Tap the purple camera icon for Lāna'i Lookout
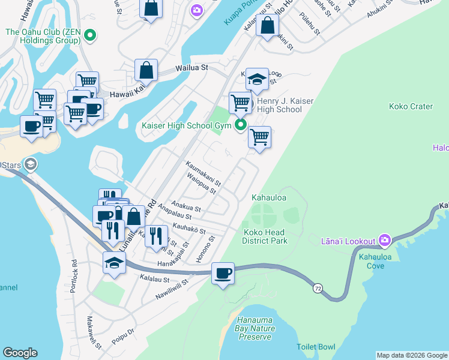[385, 241]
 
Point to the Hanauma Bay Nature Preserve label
[256, 328]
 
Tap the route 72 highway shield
[316, 289]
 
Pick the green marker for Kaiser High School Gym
[241, 125]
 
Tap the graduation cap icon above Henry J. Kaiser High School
[256, 79]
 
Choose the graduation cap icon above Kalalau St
[114, 262]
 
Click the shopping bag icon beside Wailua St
[146, 70]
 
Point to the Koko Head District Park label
[265, 236]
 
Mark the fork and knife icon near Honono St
[156, 235]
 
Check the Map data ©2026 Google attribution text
[412, 355]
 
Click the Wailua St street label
[191, 68]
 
